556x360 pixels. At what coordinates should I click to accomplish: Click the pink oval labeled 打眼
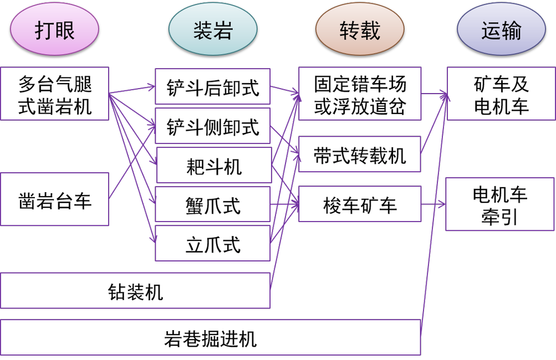coord(54,30)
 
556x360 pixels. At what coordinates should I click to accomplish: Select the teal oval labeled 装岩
coord(212,30)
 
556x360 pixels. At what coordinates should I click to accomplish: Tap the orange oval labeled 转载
coord(360,30)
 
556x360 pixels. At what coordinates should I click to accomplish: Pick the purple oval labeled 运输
coord(501,30)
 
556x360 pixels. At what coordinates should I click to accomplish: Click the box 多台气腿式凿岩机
coord(54,94)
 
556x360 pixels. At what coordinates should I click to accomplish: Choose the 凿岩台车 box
coord(54,199)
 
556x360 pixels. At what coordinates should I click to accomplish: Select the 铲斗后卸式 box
coord(212,87)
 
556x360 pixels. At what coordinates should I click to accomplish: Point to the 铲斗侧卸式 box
coord(212,127)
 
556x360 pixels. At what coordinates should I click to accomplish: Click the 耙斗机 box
coord(214,165)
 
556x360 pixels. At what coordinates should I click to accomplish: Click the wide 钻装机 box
coord(135,291)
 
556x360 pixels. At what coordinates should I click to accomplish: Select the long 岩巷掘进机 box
coord(210,337)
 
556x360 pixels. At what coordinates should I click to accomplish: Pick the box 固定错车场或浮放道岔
coord(360,94)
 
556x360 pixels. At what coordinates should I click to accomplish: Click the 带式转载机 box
coord(360,155)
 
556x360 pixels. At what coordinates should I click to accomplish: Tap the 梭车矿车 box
coord(360,204)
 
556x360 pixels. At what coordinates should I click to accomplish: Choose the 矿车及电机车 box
coord(501,94)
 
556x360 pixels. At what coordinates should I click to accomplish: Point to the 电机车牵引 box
coord(500,204)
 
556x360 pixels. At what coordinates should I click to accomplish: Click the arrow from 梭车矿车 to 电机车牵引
coord(433,204)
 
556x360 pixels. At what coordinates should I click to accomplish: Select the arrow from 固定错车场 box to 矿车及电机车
coord(434,94)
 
